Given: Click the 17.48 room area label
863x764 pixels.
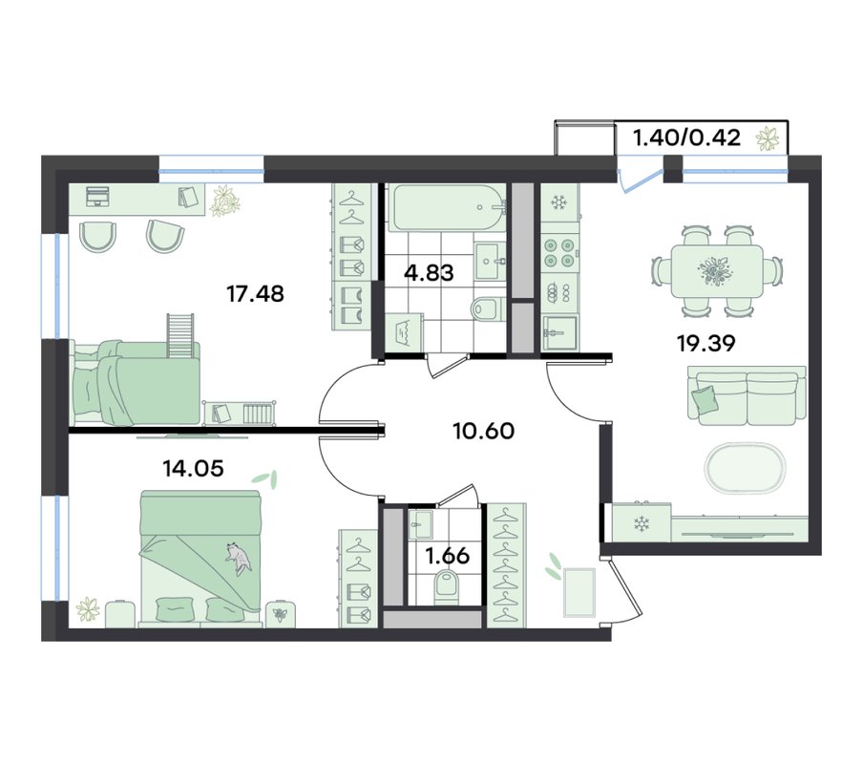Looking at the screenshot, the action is click(256, 294).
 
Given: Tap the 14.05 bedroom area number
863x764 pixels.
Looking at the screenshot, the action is click(193, 468).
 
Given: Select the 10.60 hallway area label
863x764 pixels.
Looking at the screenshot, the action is click(484, 431).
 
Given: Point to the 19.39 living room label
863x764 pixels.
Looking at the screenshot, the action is click(706, 344).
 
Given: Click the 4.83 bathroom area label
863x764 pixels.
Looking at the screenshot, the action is click(430, 272).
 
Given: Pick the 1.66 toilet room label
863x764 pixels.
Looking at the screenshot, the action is click(448, 556).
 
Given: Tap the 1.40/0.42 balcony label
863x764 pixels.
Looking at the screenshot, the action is click(687, 138).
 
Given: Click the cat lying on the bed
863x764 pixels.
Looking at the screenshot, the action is click(238, 558).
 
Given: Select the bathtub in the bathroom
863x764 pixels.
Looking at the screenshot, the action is click(447, 207).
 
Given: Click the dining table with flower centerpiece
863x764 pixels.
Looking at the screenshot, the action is click(717, 271).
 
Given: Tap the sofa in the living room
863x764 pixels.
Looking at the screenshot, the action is click(747, 395).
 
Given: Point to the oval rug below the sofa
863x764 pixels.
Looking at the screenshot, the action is click(746, 468).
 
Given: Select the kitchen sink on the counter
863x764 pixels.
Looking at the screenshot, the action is click(559, 333).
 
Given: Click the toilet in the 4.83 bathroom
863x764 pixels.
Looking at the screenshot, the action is click(488, 308).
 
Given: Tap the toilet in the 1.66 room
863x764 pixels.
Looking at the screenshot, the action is click(447, 588).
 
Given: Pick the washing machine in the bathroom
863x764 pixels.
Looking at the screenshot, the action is click(404, 332).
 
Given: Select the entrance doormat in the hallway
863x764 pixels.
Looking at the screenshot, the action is click(579, 593).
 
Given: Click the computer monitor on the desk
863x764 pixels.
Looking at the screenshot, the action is click(98, 196).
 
